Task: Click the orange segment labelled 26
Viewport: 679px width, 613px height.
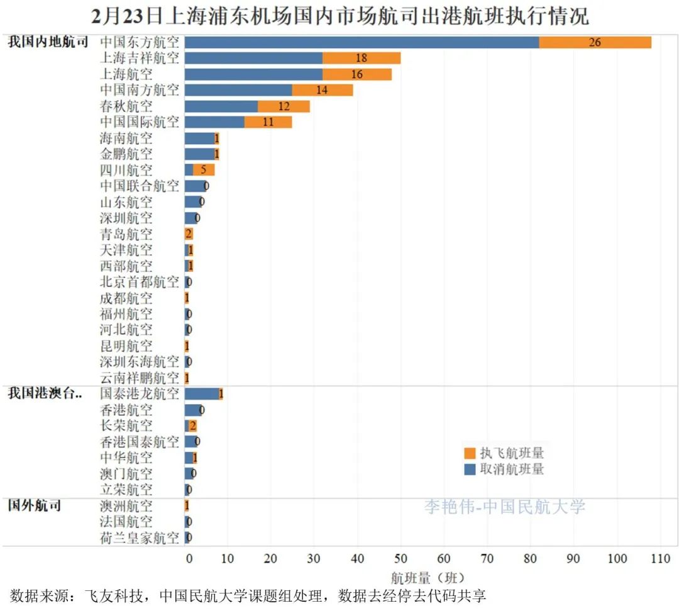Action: pos(595,42)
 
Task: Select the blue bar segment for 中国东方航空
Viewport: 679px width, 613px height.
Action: pos(362,42)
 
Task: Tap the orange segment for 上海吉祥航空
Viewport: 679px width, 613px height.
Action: pos(362,59)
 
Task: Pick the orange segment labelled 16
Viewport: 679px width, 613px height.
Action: pos(356,74)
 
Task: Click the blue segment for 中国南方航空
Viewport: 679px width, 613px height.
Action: pos(238,90)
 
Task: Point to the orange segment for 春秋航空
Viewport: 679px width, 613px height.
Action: pos(284,106)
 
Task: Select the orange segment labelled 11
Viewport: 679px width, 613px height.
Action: pos(268,122)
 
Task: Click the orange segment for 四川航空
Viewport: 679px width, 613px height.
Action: pos(204,170)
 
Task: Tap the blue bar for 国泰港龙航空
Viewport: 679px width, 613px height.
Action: pos(201,394)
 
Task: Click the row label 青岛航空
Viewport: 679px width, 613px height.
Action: pos(126,234)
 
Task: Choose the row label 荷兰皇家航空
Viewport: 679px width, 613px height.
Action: pos(140,538)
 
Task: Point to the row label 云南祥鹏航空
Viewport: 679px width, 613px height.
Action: pos(140,378)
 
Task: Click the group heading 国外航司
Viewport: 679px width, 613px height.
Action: pos(34,505)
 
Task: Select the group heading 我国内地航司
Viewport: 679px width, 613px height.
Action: pos(48,43)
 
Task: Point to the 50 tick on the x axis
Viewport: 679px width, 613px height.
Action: pos(400,558)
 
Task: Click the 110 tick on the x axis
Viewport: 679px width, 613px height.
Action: pos(660,558)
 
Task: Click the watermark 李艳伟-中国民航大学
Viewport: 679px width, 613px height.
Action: pos(504,507)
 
